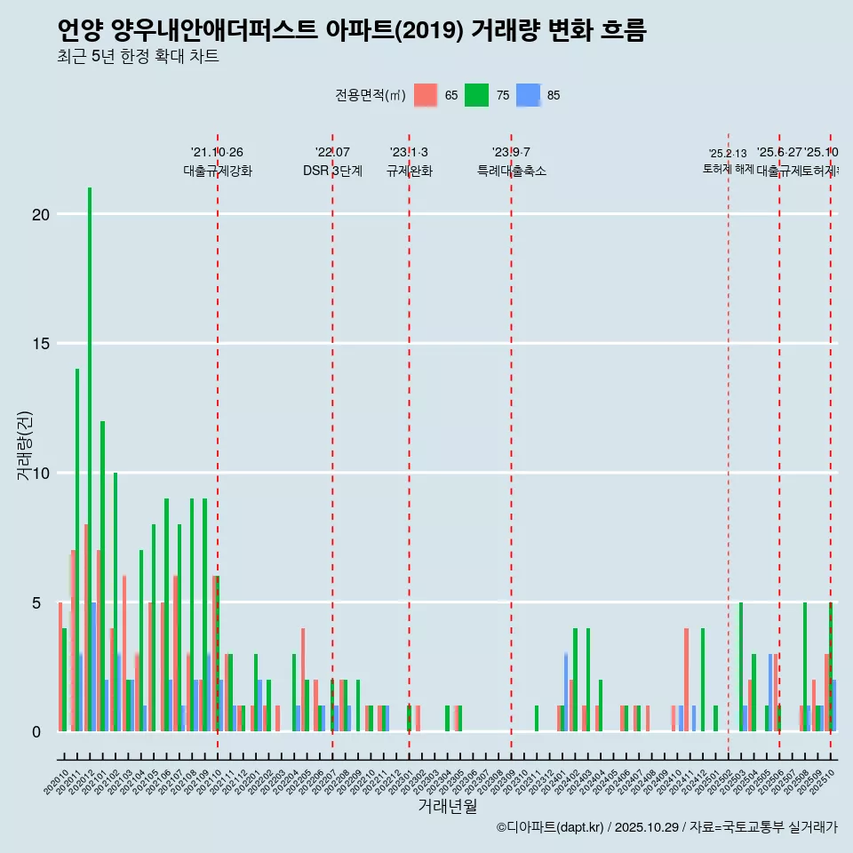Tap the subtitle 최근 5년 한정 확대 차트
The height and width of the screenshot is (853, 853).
(138, 57)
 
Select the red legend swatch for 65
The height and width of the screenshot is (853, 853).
(426, 95)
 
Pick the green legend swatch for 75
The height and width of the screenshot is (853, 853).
(477, 95)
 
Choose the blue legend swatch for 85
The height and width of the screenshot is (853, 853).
(529, 95)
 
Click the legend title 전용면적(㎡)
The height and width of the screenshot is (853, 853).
(371, 95)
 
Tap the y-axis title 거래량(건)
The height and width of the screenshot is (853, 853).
(25, 444)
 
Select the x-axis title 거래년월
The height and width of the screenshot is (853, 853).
(447, 806)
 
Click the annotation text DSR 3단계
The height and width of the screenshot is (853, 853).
(332, 171)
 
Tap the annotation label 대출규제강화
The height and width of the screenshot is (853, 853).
(218, 171)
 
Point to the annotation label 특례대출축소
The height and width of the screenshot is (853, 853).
(511, 171)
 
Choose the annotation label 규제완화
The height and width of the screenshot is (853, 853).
(409, 171)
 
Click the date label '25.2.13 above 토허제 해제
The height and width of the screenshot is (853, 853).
(728, 154)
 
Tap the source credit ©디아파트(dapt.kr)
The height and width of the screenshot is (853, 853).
(550, 827)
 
